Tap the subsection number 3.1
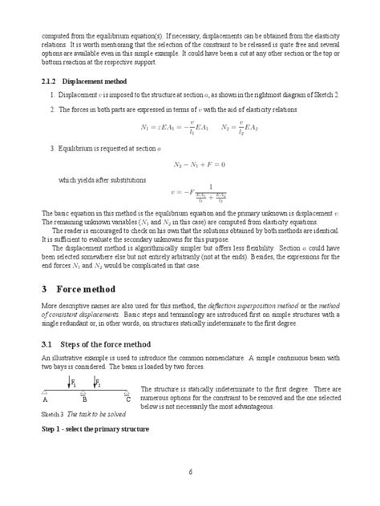tap(47, 344)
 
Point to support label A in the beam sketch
tap(45, 400)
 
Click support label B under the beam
tap(84, 400)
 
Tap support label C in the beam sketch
tap(127, 400)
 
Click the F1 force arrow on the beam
tap(70, 383)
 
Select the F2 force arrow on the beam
tap(96, 383)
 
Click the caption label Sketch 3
tap(52, 415)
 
